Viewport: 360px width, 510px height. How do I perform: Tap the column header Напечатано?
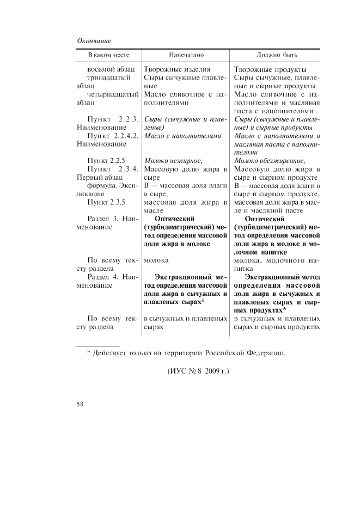[x=186, y=56]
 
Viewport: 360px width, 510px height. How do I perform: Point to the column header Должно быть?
[x=277, y=56]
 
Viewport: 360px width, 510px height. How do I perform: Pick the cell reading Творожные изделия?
[x=177, y=70]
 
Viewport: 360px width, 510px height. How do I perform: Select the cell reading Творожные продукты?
[x=270, y=70]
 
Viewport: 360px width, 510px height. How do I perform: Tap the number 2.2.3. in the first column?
[x=127, y=119]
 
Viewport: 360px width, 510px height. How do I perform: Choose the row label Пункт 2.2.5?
[x=106, y=161]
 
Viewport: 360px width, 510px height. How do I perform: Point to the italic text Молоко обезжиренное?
[x=269, y=161]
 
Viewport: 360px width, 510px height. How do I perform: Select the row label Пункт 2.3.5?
[x=106, y=202]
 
